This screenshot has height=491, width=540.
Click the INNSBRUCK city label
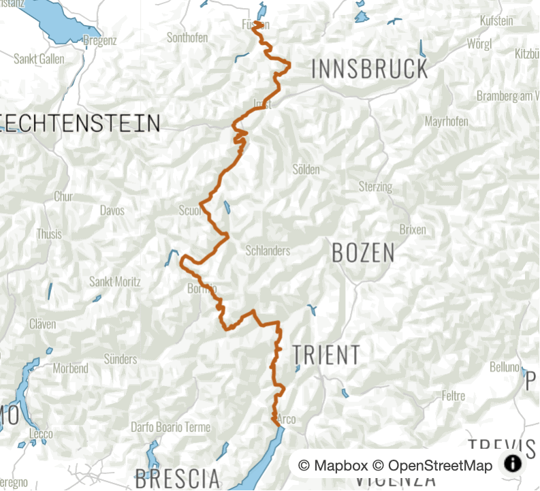tap(370, 69)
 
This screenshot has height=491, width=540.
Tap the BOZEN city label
tap(363, 253)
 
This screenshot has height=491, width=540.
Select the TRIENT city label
tap(326, 355)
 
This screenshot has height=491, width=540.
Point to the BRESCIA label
tap(177, 477)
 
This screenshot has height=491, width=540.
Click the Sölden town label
tap(306, 170)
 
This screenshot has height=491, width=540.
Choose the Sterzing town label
tap(376, 187)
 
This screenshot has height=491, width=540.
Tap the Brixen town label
tap(413, 229)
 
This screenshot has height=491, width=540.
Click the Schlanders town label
tap(268, 251)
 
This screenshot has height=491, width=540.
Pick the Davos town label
tap(112, 210)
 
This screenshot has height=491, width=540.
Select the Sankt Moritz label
tap(115, 281)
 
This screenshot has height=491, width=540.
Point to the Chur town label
tap(63, 197)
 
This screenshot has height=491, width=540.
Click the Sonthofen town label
tap(187, 38)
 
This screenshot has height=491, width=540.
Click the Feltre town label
tap(454, 396)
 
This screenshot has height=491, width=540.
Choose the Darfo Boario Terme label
tap(171, 428)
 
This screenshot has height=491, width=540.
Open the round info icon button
tap(513, 464)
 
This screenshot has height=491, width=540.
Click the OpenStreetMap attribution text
tap(440, 466)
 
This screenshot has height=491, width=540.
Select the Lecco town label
tap(41, 434)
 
